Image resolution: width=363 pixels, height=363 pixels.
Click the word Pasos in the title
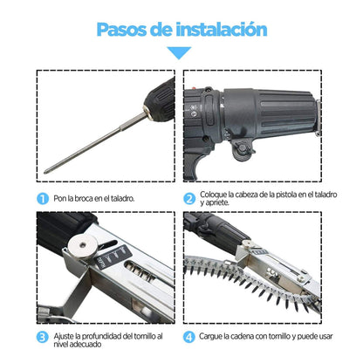pos(122,30)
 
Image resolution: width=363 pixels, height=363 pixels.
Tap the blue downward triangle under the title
pos(179,53)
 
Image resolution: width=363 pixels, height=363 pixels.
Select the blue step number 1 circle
pos(43,199)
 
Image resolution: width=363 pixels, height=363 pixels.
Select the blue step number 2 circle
pos(189,199)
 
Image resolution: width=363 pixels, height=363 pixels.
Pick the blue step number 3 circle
pos(43,337)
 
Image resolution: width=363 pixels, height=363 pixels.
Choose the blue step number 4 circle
pos(189,337)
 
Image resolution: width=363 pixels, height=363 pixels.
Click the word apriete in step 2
pos(217,202)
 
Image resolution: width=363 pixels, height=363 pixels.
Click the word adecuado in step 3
pos(87,345)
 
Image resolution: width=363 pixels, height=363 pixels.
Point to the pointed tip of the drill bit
pos(45,172)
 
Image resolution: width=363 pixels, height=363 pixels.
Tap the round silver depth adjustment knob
pos(83,246)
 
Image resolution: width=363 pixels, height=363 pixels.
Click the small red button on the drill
pos(195,87)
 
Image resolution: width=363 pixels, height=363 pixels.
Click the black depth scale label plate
pos(113,257)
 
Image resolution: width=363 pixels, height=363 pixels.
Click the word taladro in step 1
pos(123,199)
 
